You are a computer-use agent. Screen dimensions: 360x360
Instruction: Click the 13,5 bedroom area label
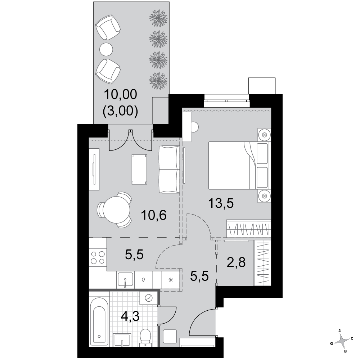221,203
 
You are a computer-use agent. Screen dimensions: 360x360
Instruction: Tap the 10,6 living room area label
154,215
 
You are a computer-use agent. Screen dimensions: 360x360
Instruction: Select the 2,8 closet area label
236,262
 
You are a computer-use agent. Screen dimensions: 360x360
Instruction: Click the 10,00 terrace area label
121,94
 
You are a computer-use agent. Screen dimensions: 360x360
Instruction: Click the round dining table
116,210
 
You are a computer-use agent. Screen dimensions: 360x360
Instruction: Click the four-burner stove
98,258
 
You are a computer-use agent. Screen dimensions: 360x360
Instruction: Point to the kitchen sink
125,280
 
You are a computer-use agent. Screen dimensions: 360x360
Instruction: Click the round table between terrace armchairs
106,49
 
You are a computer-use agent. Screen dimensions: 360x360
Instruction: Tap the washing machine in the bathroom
148,298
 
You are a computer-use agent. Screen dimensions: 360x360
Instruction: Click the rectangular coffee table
139,169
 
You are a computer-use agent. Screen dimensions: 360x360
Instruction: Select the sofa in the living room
169,169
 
